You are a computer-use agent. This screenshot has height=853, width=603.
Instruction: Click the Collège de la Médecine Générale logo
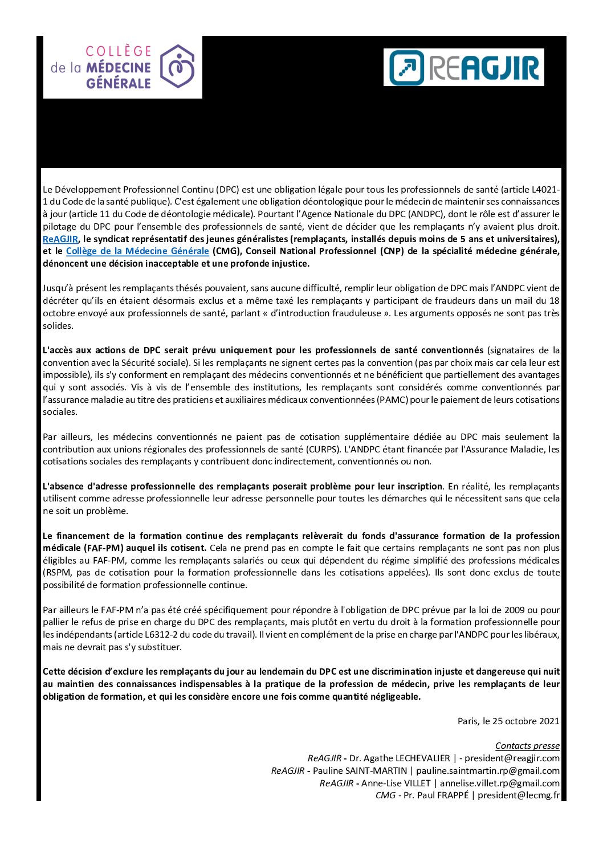pyautogui.click(x=123, y=67)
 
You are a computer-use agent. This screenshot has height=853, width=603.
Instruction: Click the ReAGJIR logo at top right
pyautogui.click(x=463, y=67)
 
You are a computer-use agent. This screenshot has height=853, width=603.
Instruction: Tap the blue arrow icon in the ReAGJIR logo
pyautogui.click(x=406, y=67)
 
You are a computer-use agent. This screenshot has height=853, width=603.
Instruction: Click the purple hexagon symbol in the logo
pyautogui.click(x=177, y=67)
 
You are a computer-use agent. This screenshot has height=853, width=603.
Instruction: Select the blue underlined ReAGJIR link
pyautogui.click(x=60, y=239)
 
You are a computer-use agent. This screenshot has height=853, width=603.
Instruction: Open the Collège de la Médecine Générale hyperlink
pyautogui.click(x=137, y=251)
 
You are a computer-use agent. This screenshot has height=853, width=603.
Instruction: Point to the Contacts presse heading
pyautogui.click(x=527, y=745)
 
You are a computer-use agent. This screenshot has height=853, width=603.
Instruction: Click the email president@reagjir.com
pyautogui.click(x=512, y=758)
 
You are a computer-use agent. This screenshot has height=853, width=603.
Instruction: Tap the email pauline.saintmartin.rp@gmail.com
pyautogui.click(x=488, y=770)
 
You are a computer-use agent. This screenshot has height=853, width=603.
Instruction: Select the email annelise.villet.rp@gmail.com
pyautogui.click(x=499, y=783)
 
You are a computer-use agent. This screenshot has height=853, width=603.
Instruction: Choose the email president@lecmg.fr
pyautogui.click(x=519, y=795)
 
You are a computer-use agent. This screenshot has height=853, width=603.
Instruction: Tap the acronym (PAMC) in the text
pyautogui.click(x=392, y=399)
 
